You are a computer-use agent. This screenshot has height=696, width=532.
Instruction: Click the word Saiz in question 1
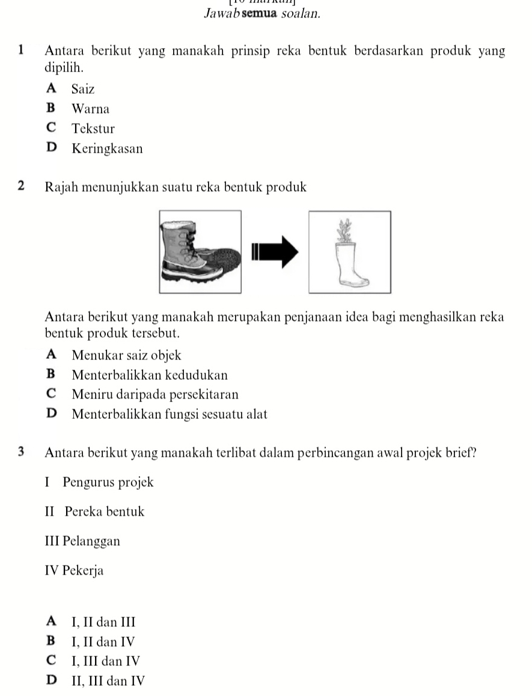pyautogui.click(x=82, y=89)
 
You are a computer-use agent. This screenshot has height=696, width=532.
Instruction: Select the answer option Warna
pyautogui.click(x=90, y=109)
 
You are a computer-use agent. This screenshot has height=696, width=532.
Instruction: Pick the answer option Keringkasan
pyautogui.click(x=107, y=148)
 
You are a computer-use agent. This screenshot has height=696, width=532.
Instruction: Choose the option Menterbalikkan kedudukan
pyautogui.click(x=149, y=375)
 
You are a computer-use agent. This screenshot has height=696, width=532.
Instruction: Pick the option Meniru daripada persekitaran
pyautogui.click(x=154, y=394)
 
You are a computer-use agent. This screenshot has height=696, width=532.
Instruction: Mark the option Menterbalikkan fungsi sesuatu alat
pyautogui.click(x=169, y=414)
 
